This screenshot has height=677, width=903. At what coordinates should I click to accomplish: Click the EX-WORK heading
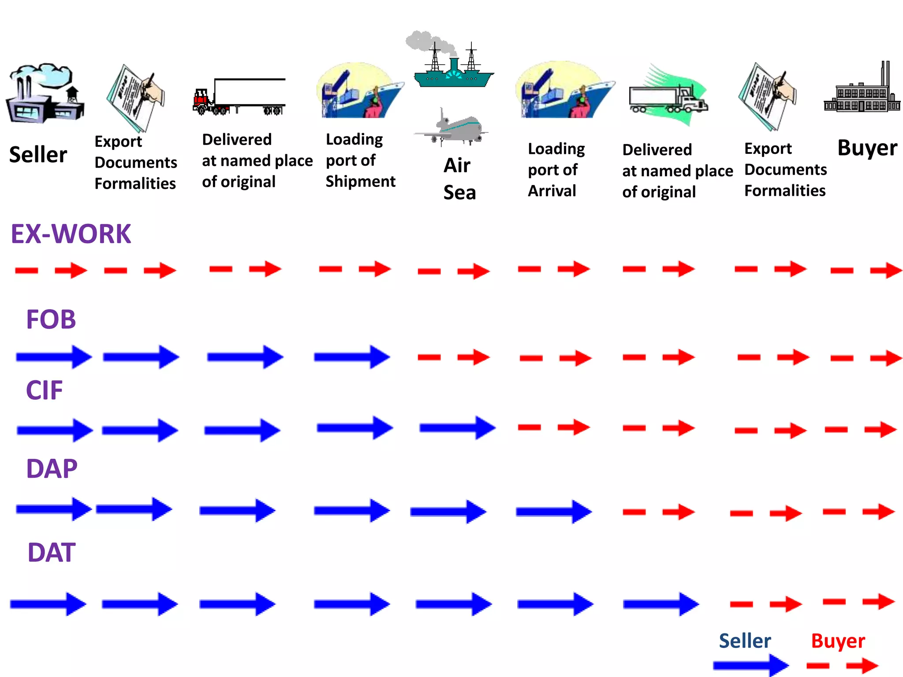[71, 234]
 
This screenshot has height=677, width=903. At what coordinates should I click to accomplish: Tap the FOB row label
[51, 319]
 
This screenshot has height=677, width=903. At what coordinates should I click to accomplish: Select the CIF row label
[44, 390]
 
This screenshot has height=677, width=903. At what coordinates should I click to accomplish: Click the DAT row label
[51, 552]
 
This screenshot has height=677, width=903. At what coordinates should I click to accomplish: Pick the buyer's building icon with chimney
[862, 90]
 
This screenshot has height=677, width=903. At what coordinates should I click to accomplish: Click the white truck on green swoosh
[668, 98]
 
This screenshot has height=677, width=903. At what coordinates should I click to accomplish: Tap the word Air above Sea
[457, 166]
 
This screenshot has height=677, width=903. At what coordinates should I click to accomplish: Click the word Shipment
[360, 181]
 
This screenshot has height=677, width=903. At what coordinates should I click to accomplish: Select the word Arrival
[552, 191]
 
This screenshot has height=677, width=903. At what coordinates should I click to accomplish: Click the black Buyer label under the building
[867, 148]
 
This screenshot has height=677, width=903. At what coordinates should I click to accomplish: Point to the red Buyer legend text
[838, 641]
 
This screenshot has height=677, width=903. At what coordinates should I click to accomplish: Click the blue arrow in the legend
[750, 665]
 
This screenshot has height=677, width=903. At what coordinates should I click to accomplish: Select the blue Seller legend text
[745, 641]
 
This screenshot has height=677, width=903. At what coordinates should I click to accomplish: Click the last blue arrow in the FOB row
[351, 357]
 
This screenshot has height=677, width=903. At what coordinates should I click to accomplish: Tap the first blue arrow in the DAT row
[48, 604]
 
